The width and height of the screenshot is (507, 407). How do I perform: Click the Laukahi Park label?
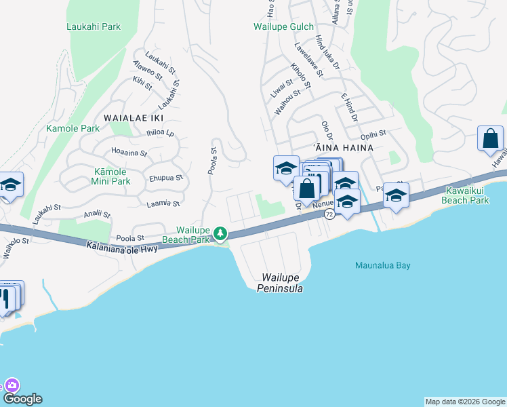(x=94, y=26)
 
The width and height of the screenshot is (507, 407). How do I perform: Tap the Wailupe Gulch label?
(x=283, y=27)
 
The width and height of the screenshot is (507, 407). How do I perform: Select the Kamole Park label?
(x=73, y=128)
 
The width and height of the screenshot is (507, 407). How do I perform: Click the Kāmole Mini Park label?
(x=110, y=177)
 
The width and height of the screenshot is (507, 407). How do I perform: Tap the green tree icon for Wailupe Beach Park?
(x=220, y=234)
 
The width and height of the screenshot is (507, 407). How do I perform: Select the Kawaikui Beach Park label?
(x=464, y=196)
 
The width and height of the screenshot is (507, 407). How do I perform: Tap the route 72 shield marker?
(x=329, y=214)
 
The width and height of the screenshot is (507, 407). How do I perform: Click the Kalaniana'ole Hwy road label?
(x=122, y=248)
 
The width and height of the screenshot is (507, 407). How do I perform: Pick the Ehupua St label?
(x=166, y=178)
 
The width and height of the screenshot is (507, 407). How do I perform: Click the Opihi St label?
(x=373, y=134)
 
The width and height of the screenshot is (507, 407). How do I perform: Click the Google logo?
(x=22, y=399)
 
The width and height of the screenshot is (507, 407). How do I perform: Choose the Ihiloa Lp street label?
(x=160, y=133)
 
